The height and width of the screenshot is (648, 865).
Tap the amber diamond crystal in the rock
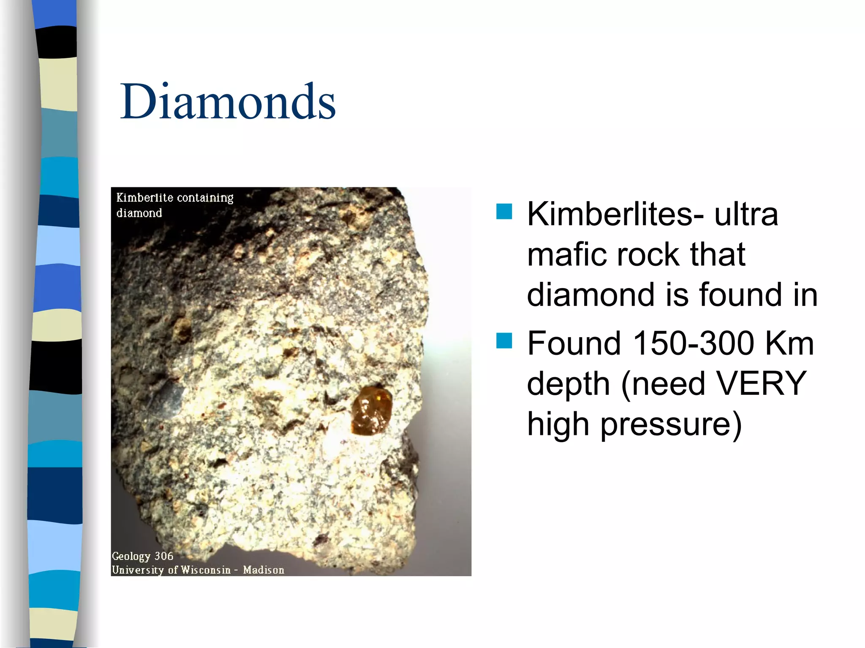(371, 410)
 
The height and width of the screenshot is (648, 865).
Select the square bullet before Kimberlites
(504, 211)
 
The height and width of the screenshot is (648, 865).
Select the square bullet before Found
(504, 340)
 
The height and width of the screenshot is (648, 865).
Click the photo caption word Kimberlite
(144, 197)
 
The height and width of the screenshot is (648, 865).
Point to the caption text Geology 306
(142, 556)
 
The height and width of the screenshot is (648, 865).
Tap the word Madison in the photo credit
(264, 570)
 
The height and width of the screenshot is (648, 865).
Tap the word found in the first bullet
(740, 294)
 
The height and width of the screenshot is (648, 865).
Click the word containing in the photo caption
(205, 197)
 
